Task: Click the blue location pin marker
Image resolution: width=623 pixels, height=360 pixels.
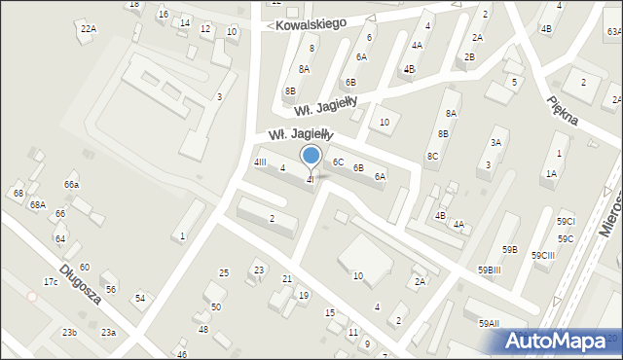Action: [x=311, y=157]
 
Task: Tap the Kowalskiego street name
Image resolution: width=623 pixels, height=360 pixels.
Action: [x=311, y=23]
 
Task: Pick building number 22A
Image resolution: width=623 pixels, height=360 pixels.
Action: [x=89, y=29]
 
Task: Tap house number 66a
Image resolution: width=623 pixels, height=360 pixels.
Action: [x=71, y=185]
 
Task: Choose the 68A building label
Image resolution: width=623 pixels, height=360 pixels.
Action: [x=37, y=205]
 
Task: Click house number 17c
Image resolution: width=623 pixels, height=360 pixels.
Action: [x=51, y=282]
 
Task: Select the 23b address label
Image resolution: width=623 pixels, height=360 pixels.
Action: [x=69, y=333]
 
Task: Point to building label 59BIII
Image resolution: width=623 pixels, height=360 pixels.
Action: [x=489, y=270]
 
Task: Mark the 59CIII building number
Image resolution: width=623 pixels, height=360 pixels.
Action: [x=543, y=255]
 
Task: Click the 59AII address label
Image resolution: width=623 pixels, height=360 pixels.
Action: [x=489, y=324]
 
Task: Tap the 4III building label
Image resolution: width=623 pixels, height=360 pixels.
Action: [x=260, y=162]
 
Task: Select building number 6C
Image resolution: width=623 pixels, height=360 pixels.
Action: [x=338, y=162]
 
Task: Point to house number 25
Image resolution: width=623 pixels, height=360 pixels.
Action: [x=224, y=272]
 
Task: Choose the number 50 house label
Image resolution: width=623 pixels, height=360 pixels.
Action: [x=216, y=307]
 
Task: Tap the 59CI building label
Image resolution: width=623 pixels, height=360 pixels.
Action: [x=565, y=222]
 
